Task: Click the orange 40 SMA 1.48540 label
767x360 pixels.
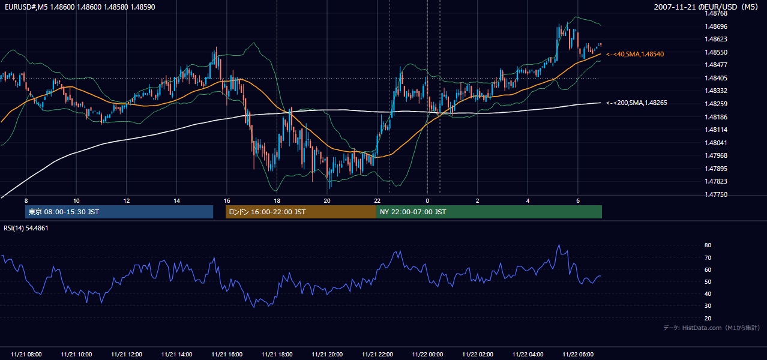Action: click(x=635, y=54)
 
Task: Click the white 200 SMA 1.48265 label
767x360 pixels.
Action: click(x=637, y=103)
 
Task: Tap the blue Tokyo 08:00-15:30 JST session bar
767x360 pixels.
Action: click(x=119, y=212)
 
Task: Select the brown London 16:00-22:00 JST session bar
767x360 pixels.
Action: click(x=301, y=212)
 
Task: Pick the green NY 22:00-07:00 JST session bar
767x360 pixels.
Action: click(x=489, y=212)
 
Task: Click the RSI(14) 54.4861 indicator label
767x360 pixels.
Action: click(x=26, y=228)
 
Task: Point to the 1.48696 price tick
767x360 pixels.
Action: click(x=716, y=26)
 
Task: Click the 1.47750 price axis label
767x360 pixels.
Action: click(x=716, y=194)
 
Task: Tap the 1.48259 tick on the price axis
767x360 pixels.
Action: click(x=716, y=104)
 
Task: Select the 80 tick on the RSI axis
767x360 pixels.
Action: click(x=708, y=245)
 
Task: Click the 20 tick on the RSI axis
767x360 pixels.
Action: click(x=708, y=318)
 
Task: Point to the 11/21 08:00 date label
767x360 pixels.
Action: click(x=26, y=354)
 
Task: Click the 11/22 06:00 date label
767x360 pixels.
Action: click(x=578, y=354)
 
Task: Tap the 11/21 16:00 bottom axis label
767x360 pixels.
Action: click(x=227, y=354)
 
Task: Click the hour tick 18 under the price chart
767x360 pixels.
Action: click(x=277, y=201)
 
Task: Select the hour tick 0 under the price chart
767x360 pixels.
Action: click(x=427, y=201)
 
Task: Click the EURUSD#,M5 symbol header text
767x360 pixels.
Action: click(x=26, y=7)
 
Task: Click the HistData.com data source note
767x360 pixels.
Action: click(x=711, y=328)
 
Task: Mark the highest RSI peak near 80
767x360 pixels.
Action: click(x=559, y=244)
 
